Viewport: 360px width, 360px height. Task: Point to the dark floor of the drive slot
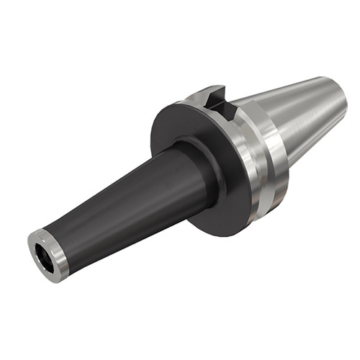tap(223, 108)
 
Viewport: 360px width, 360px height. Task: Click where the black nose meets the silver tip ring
tap(66, 241)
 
